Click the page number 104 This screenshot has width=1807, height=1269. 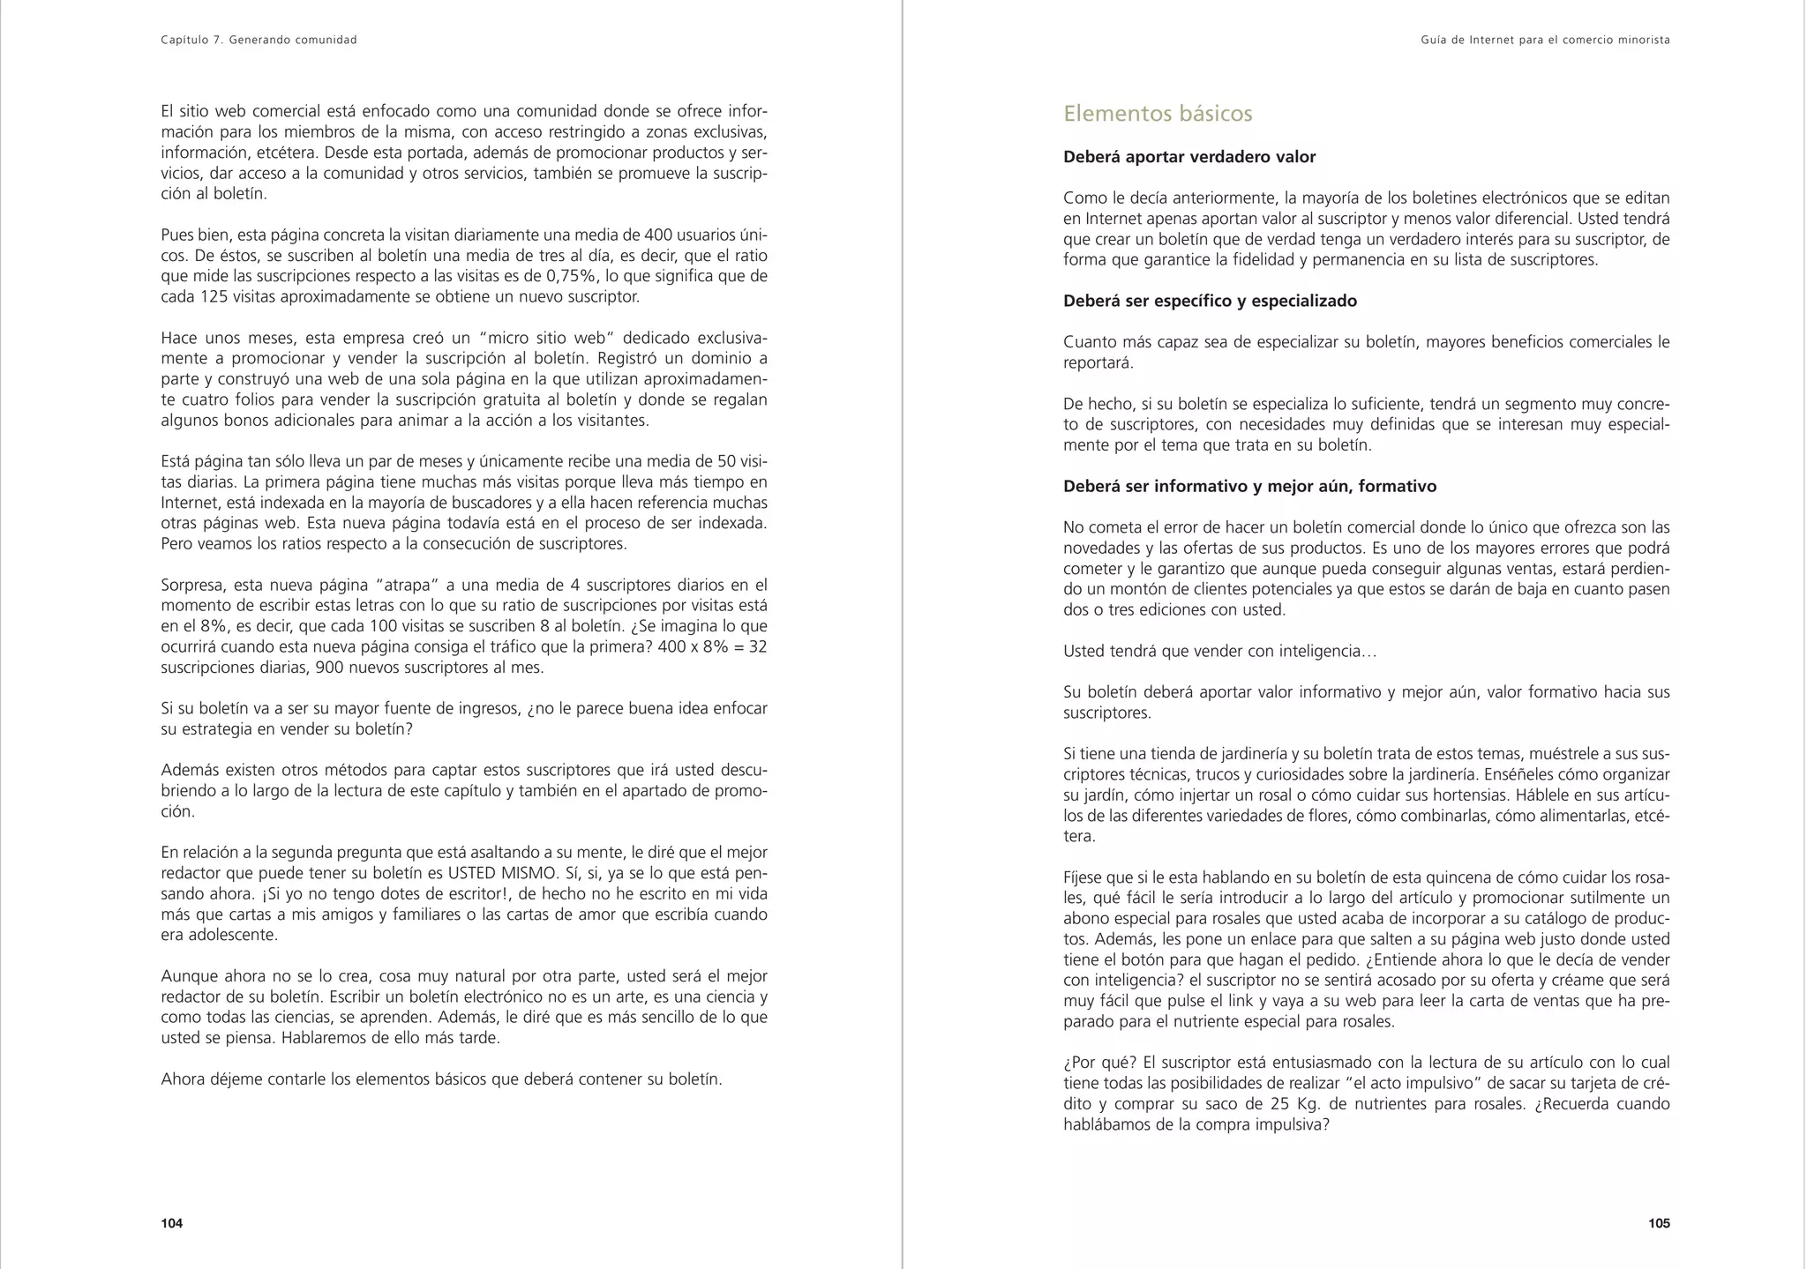pyautogui.click(x=171, y=1223)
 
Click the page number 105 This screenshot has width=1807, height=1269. pyautogui.click(x=1658, y=1223)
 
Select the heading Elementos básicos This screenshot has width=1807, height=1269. pyautogui.click(x=1158, y=114)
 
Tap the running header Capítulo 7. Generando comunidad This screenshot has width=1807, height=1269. pyautogui.click(x=259, y=40)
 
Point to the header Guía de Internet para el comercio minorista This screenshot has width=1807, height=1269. pyautogui.click(x=1545, y=40)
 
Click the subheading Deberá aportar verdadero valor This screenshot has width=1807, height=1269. pyautogui.click(x=1188, y=157)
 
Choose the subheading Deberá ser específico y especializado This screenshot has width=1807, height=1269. pyautogui.click(x=1210, y=301)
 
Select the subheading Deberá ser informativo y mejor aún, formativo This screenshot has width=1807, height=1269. pyautogui.click(x=1249, y=486)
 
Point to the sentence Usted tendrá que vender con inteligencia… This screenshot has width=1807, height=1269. pyautogui.click(x=1219, y=651)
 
